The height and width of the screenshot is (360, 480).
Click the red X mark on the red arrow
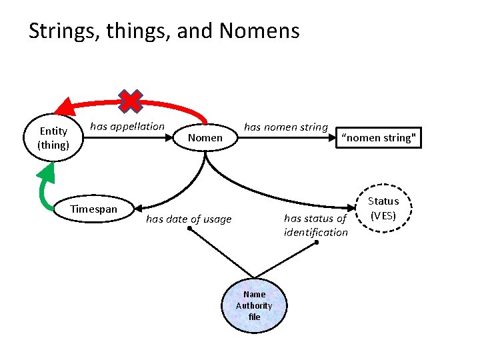[x=130, y=101]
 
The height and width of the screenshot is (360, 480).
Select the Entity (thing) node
[x=53, y=138]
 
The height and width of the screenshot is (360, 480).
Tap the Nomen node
[x=205, y=138]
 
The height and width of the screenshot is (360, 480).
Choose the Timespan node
[x=94, y=209]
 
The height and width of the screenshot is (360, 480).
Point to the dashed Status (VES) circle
[x=383, y=208]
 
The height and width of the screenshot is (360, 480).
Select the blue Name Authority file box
[x=254, y=305]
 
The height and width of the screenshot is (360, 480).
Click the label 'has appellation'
[x=127, y=126]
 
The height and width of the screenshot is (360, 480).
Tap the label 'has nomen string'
[x=286, y=126]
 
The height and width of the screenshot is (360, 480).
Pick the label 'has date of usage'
[x=189, y=219]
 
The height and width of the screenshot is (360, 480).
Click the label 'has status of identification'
[x=316, y=225]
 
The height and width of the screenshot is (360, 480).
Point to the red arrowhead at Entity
[x=65, y=106]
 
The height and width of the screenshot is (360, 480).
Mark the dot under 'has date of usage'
[x=189, y=229]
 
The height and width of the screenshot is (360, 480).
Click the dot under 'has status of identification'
[x=317, y=243]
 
